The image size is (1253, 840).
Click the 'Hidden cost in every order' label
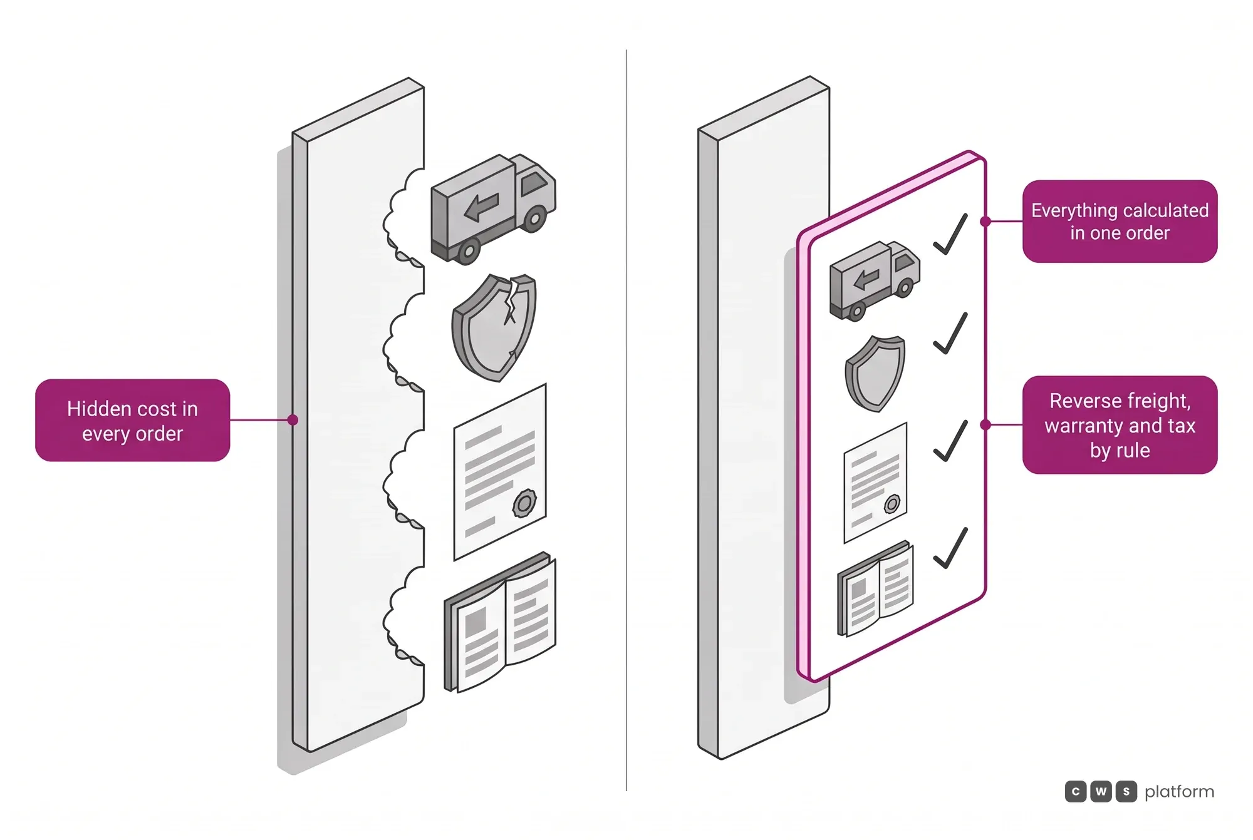132,420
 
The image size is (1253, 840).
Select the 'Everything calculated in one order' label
1120,221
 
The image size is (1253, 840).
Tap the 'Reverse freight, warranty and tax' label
1120,425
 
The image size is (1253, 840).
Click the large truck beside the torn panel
493,208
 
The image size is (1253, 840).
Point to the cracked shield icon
494,327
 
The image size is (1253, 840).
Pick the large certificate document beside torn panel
500,471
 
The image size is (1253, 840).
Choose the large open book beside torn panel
500,622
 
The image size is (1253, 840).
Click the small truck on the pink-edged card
875,280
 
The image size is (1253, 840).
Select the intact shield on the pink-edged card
875,374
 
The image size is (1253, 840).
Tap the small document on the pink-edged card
875,483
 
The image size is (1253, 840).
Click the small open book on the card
875,589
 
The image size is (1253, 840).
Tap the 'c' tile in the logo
1076,791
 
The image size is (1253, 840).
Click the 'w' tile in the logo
1101,791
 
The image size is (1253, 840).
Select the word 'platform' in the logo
1179,792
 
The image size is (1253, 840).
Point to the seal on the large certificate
524,503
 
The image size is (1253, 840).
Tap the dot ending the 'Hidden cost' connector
293,420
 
